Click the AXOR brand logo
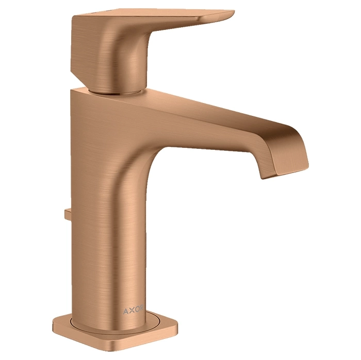[x=133, y=310]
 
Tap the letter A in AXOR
[x=126, y=311]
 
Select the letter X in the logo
[x=132, y=311]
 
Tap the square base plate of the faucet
[x=115, y=334]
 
